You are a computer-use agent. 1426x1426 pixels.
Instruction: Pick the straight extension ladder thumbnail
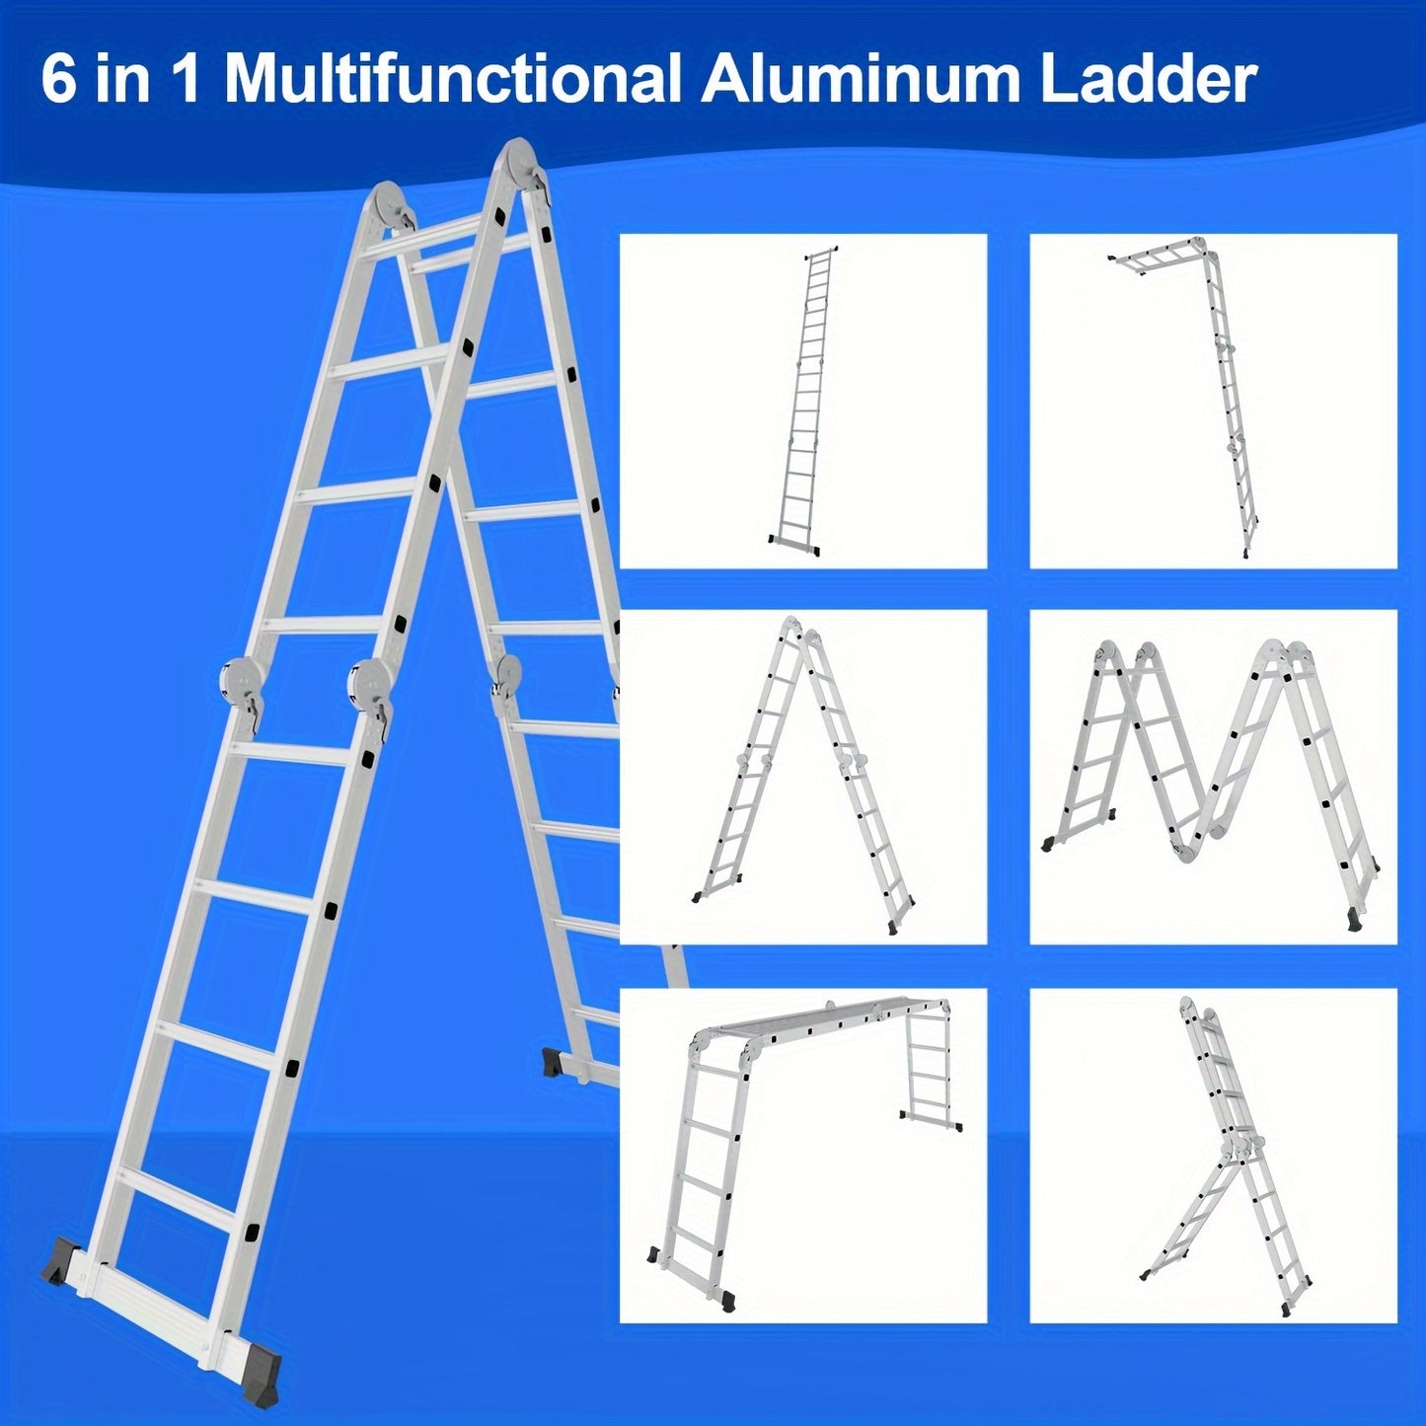click(803, 401)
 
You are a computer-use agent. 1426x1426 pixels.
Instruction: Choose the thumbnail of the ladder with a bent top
click(1214, 401)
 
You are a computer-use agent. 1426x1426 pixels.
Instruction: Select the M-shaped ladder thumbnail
click(1214, 777)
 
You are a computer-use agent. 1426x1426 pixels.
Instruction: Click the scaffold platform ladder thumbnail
click(803, 1154)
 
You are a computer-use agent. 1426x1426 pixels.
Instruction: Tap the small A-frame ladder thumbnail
click(803, 777)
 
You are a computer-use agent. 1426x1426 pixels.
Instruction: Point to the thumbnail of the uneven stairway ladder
click(1214, 1154)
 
